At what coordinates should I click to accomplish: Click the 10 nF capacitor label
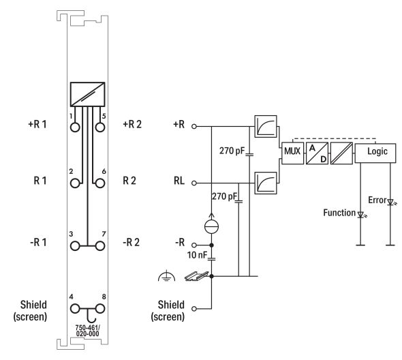(198, 255)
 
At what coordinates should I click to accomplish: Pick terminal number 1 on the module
(71, 116)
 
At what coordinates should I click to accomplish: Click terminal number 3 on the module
(71, 234)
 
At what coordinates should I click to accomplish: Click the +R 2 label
(132, 125)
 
